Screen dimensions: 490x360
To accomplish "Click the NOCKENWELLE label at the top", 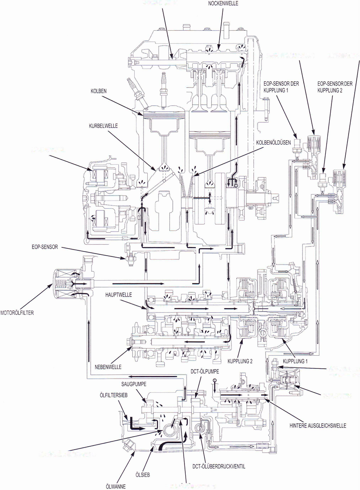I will (x=222, y=3).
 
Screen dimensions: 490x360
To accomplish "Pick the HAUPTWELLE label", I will (x=118, y=294).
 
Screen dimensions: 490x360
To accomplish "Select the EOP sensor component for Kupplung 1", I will (x=297, y=145).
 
